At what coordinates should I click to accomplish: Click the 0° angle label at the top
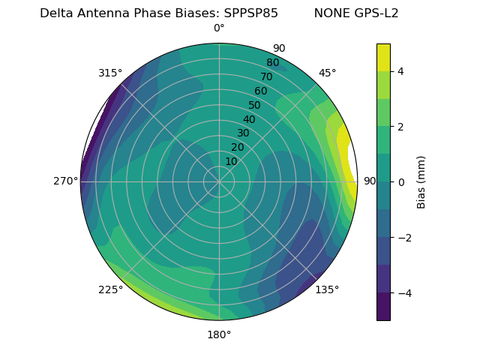point(219,28)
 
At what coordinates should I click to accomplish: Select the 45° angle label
point(327,73)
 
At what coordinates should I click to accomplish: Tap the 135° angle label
point(327,289)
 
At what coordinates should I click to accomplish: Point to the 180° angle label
point(219,334)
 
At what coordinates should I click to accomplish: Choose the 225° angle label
point(110,289)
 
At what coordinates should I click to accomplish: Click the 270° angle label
point(66,181)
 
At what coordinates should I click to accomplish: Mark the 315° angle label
point(110,73)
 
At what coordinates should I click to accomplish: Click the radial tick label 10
point(231,161)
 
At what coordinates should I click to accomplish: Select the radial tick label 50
point(255,105)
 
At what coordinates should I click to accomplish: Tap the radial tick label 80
point(273,63)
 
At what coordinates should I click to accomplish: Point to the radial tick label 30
point(243,133)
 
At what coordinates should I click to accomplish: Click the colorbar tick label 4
point(401,71)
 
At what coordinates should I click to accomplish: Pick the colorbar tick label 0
point(401,182)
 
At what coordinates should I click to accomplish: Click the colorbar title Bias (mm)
point(421,182)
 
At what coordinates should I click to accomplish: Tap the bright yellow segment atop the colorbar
point(383,57)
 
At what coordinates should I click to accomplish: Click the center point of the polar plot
point(219,181)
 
